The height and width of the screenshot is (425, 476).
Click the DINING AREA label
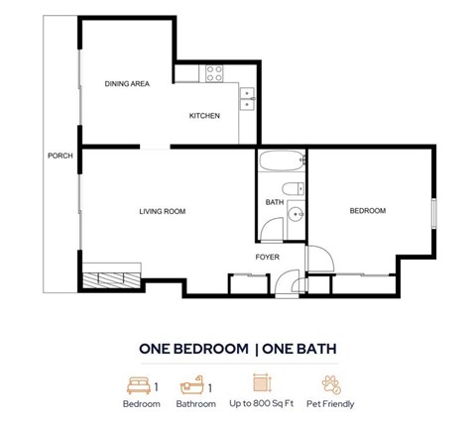(x=127, y=84)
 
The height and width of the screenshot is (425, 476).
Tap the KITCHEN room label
(x=204, y=116)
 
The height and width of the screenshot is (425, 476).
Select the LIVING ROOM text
(x=162, y=211)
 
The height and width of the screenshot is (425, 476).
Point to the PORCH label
(x=59, y=156)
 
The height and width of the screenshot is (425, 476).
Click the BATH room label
(x=274, y=202)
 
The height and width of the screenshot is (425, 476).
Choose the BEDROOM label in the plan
(x=367, y=211)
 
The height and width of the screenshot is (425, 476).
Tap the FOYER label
(x=267, y=257)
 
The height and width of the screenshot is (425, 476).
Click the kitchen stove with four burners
(x=215, y=72)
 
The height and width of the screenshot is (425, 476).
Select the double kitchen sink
(x=248, y=97)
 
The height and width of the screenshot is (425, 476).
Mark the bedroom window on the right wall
(x=432, y=214)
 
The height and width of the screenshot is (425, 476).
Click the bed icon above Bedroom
(x=138, y=384)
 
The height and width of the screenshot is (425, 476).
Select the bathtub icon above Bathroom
(x=191, y=384)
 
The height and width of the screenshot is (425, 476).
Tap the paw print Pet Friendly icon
(x=330, y=384)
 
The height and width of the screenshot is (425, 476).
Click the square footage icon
(x=262, y=384)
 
